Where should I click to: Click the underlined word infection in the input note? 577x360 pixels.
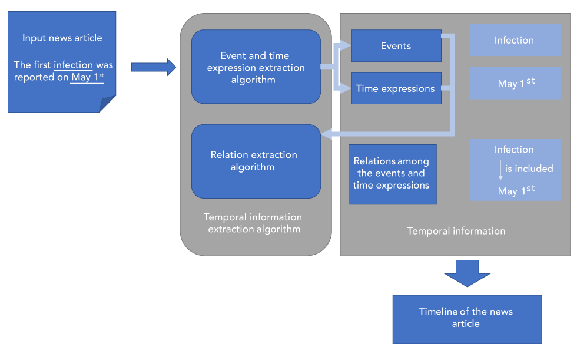pyautogui.click(x=73, y=65)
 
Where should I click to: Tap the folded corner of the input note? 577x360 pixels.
pyautogui.click(x=108, y=104)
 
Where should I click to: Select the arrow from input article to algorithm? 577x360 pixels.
pyautogui.click(x=153, y=67)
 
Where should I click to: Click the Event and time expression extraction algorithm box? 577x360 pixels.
pyautogui.click(x=256, y=67)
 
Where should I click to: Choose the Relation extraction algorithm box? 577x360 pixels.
pyautogui.click(x=256, y=161)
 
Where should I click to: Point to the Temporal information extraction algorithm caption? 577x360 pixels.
pyautogui.click(x=253, y=223)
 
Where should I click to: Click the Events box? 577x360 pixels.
pyautogui.click(x=396, y=46)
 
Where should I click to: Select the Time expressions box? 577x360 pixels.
pyautogui.click(x=396, y=88)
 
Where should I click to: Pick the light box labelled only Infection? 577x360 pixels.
pyautogui.click(x=515, y=40)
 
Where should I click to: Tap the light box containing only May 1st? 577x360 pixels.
pyautogui.click(x=515, y=83)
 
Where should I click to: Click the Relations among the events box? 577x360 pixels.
pyautogui.click(x=392, y=174)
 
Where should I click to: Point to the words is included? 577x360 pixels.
pyautogui.click(x=529, y=169)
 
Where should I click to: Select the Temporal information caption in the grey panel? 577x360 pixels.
pyautogui.click(x=456, y=231)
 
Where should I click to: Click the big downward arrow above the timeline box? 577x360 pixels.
pyautogui.click(x=467, y=273)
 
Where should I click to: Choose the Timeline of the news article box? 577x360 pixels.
pyautogui.click(x=466, y=319)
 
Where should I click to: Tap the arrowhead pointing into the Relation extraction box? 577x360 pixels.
pyautogui.click(x=325, y=136)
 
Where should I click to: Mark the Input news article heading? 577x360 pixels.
pyautogui.click(x=62, y=38)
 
